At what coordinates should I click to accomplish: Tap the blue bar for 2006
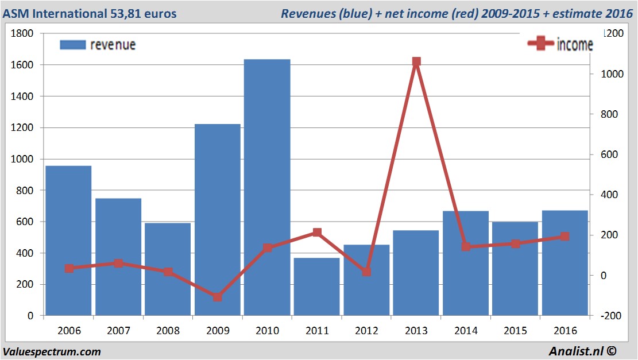pos(68,241)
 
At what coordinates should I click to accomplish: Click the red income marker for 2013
pos(416,61)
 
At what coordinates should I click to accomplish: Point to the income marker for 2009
pos(218,297)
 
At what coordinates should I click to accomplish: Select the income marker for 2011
pos(317,233)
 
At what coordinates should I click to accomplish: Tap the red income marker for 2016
pos(565,237)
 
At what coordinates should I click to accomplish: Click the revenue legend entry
pos(98,45)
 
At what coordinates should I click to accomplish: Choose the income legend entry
pos(560,44)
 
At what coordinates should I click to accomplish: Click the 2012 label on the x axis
pos(366,331)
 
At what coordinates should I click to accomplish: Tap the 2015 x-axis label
pos(515,331)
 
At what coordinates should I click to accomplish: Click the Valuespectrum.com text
pos(52,351)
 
